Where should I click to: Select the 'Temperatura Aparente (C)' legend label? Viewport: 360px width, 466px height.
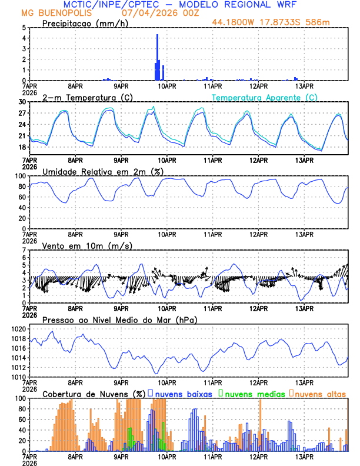pyautogui.click(x=265, y=97)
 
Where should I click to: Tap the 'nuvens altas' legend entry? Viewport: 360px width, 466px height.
pyautogui.click(x=318, y=393)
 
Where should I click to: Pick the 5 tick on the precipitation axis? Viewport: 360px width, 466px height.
pyautogui.click(x=24, y=28)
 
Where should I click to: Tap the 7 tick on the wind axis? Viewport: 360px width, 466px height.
pyautogui.click(x=24, y=250)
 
